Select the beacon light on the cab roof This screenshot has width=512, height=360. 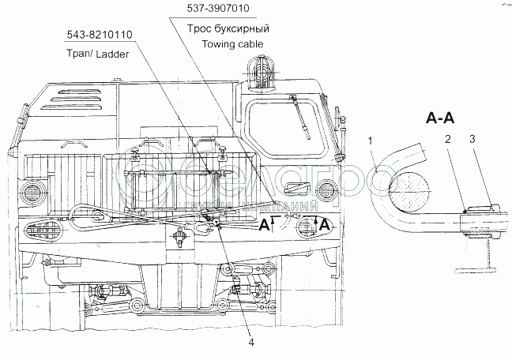[x=258, y=71]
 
